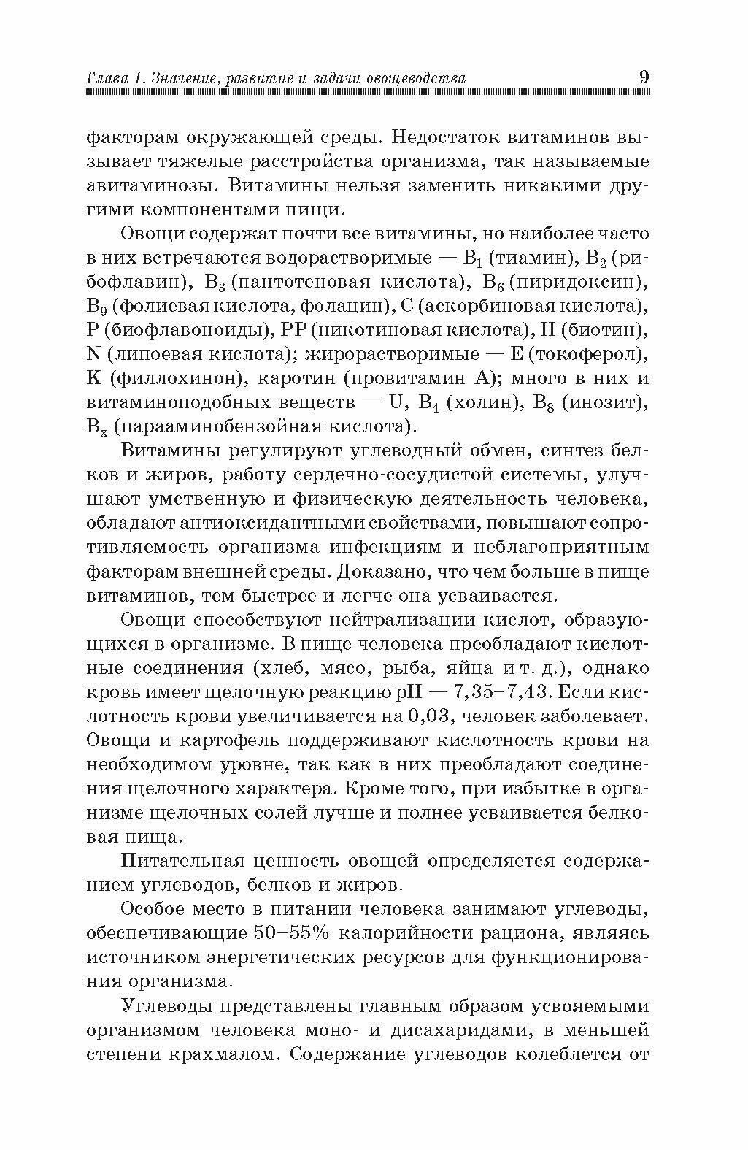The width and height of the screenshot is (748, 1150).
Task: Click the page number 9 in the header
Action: (x=644, y=77)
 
